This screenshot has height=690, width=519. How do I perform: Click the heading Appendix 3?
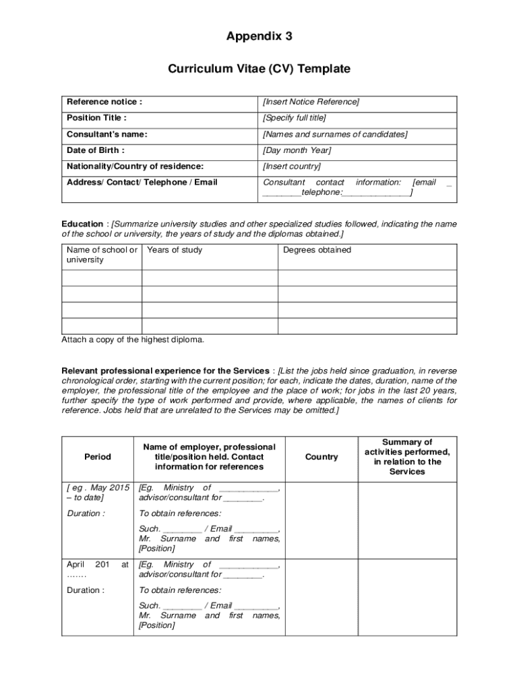[259, 37]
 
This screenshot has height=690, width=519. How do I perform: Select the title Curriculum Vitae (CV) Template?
[259, 69]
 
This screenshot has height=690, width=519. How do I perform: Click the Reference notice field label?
[104, 102]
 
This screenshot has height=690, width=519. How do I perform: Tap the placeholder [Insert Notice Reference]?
[311, 102]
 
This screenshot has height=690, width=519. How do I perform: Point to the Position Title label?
[96, 118]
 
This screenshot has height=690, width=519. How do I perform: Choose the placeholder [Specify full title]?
[295, 118]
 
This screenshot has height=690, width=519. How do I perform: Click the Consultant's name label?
[106, 134]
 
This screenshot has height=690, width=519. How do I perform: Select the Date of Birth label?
[96, 150]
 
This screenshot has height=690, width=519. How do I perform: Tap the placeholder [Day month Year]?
[297, 150]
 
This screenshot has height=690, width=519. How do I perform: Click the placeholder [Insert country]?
[292, 166]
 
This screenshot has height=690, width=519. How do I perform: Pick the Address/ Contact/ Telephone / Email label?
[142, 183]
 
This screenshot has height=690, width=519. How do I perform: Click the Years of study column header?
[175, 250]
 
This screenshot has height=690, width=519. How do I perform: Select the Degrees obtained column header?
[317, 250]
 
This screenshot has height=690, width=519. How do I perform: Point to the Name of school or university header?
[102, 255]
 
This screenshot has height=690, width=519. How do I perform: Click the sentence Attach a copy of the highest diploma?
[133, 340]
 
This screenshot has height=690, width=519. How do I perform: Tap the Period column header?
[98, 457]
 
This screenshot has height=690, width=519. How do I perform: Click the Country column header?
[322, 457]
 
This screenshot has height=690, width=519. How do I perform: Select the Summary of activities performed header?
[407, 457]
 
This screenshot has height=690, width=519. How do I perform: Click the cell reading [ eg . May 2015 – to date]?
[98, 493]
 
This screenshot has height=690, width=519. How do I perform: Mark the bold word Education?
[82, 224]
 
